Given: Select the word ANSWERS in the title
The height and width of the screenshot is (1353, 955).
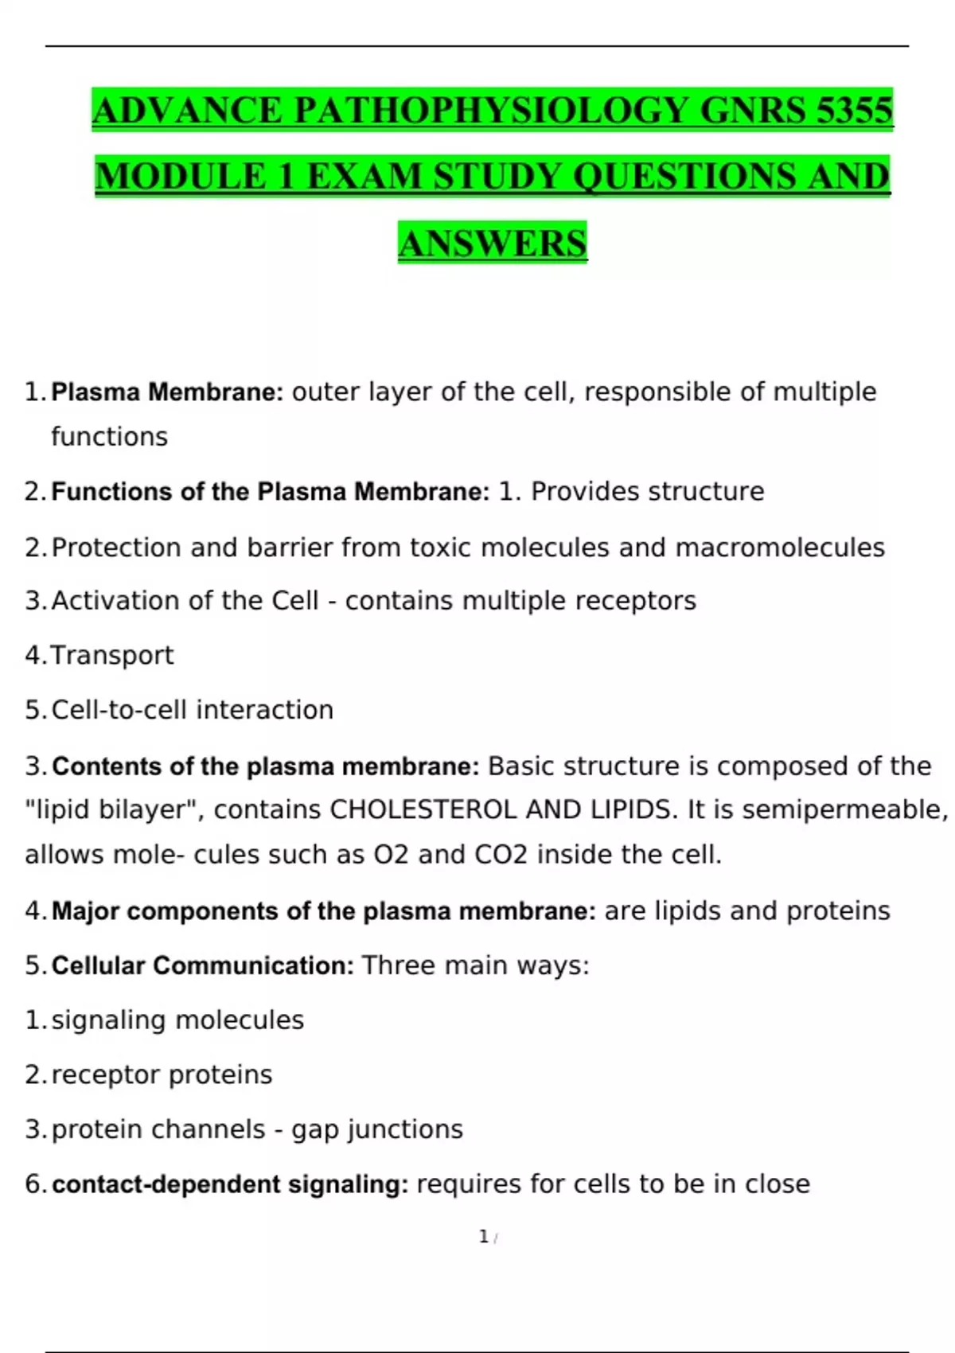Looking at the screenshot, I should click(x=493, y=244).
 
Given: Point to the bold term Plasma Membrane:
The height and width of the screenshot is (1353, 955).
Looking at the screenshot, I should click(x=167, y=392).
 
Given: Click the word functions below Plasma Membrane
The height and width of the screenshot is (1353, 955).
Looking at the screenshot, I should click(x=110, y=437).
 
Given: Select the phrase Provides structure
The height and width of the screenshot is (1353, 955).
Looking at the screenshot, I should click(x=647, y=492).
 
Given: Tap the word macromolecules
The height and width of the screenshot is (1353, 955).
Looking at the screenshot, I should click(x=780, y=548).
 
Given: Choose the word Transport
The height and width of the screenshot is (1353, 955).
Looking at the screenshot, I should click(x=112, y=656).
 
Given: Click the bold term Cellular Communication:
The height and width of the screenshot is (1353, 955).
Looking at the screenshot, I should click(x=203, y=966).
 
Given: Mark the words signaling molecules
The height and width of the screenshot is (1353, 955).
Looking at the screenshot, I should click(x=177, y=1020).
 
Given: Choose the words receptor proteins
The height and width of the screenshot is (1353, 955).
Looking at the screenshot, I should click(x=162, y=1075).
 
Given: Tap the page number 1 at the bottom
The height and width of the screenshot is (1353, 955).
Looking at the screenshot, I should click(x=484, y=1237).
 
